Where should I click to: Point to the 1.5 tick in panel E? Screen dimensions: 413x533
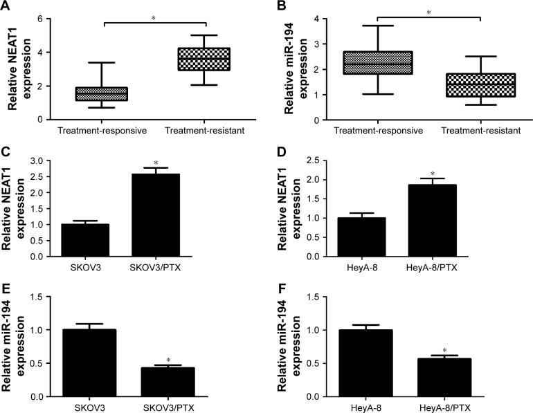point(35,297)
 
